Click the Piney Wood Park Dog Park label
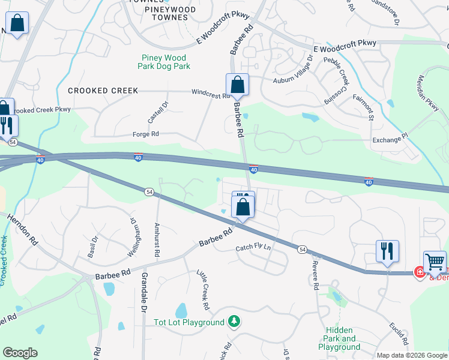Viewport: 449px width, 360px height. (x=163, y=62)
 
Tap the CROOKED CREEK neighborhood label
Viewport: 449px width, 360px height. (x=103, y=91)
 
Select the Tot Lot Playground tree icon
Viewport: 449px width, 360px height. (x=234, y=322)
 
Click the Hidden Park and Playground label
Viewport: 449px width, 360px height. (x=339, y=338)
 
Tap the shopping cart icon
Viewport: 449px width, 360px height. (x=435, y=262)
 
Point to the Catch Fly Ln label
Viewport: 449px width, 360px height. (x=253, y=247)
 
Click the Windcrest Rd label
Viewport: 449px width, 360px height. (x=210, y=94)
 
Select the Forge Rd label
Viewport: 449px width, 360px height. (x=145, y=134)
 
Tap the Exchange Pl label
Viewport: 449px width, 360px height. (x=390, y=139)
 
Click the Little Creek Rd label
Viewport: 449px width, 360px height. (x=203, y=289)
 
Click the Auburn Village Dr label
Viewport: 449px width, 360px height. (x=294, y=70)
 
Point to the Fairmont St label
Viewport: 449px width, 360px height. (x=364, y=106)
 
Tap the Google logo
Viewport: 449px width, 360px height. (x=20, y=353)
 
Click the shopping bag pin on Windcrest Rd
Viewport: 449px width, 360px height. (x=237, y=85)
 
